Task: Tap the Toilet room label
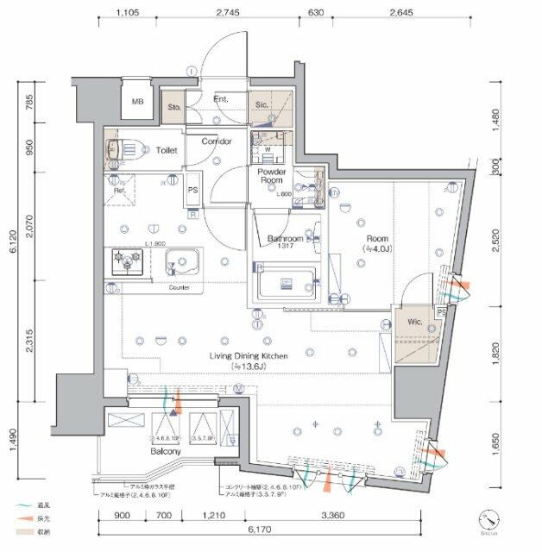point(167,150)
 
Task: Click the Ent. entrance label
point(220,101)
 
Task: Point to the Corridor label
point(217,141)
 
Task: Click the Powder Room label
point(271,177)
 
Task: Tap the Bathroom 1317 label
point(285,242)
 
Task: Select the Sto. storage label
point(173,106)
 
